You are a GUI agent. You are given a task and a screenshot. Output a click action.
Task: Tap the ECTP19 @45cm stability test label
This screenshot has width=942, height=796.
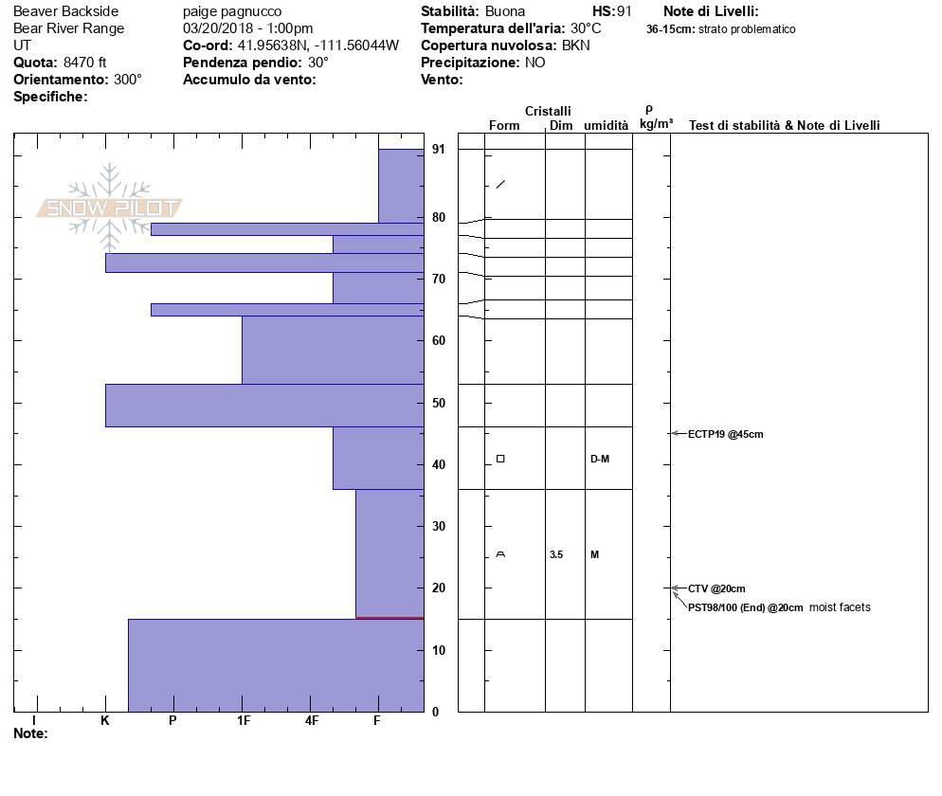(725, 434)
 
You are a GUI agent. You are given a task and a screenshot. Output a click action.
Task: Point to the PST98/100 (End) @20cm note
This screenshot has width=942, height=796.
(745, 607)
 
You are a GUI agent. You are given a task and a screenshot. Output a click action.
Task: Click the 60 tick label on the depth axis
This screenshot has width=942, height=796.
(439, 341)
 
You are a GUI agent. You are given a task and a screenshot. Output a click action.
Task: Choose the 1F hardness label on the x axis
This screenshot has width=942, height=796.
(244, 721)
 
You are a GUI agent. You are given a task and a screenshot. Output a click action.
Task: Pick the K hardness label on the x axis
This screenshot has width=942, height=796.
(105, 721)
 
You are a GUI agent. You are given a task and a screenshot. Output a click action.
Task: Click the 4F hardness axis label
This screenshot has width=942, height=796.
(312, 721)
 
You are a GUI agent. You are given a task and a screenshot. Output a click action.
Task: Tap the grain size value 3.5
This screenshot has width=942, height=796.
(556, 554)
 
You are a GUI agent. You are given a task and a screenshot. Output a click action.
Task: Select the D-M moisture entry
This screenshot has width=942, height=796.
(599, 459)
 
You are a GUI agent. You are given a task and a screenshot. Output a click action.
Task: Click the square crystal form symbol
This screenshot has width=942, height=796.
(500, 459)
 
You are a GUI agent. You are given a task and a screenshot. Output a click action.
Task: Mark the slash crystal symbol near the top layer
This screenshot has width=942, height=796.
(500, 184)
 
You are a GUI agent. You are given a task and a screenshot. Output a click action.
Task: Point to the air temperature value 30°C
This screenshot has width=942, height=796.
(586, 28)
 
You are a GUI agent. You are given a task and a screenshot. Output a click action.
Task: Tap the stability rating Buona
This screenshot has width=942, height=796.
(507, 11)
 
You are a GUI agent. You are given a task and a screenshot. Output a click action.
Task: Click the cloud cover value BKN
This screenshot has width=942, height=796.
(575, 45)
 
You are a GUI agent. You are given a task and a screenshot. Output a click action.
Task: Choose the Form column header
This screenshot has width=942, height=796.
(504, 125)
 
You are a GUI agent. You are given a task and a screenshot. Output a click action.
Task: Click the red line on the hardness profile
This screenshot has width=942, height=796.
(389, 618)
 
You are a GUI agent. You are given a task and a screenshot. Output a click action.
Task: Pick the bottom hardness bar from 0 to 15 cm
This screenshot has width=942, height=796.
(276, 665)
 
